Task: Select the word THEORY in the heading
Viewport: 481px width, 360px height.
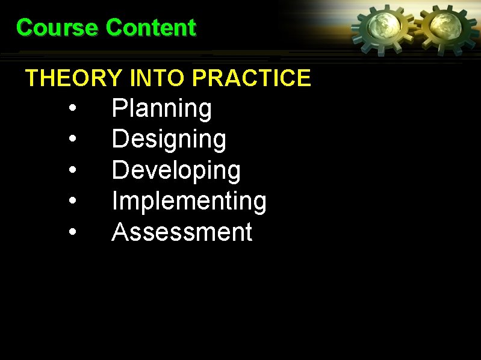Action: click(74, 78)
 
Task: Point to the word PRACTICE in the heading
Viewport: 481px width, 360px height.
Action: click(252, 78)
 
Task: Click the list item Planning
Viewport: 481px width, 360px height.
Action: click(161, 109)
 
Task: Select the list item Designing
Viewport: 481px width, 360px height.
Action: click(169, 140)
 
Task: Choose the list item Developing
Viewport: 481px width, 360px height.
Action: click(176, 170)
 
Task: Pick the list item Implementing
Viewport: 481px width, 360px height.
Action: click(189, 201)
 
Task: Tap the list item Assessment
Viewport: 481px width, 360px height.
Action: click(182, 232)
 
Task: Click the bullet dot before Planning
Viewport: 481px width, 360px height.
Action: click(72, 110)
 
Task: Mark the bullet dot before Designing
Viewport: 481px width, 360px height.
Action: click(72, 140)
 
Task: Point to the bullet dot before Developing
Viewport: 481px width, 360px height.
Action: click(72, 171)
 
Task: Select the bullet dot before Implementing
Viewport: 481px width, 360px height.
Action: click(72, 202)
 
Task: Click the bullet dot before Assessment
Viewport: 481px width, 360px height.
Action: click(72, 232)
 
